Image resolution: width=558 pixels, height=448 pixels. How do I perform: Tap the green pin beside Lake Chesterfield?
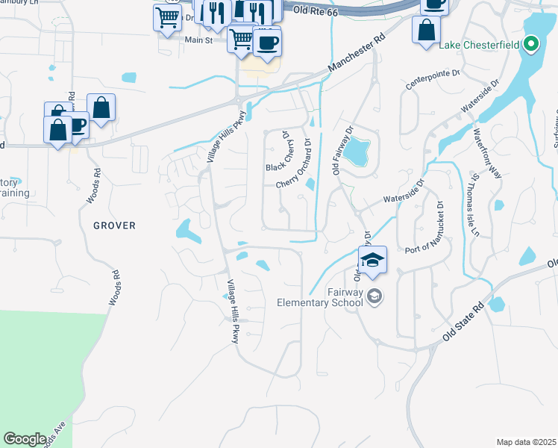(x=530, y=45)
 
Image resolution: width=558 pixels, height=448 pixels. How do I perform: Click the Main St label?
(x=198, y=40)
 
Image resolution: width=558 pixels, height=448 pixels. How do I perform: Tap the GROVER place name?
(x=114, y=225)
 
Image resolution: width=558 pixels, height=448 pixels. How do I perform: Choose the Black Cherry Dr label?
(x=278, y=151)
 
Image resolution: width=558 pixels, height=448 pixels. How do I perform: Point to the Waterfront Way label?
(x=487, y=153)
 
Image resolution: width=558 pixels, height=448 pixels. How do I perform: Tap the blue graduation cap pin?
(x=372, y=261)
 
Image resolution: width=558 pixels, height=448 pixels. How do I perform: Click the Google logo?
(x=25, y=439)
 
